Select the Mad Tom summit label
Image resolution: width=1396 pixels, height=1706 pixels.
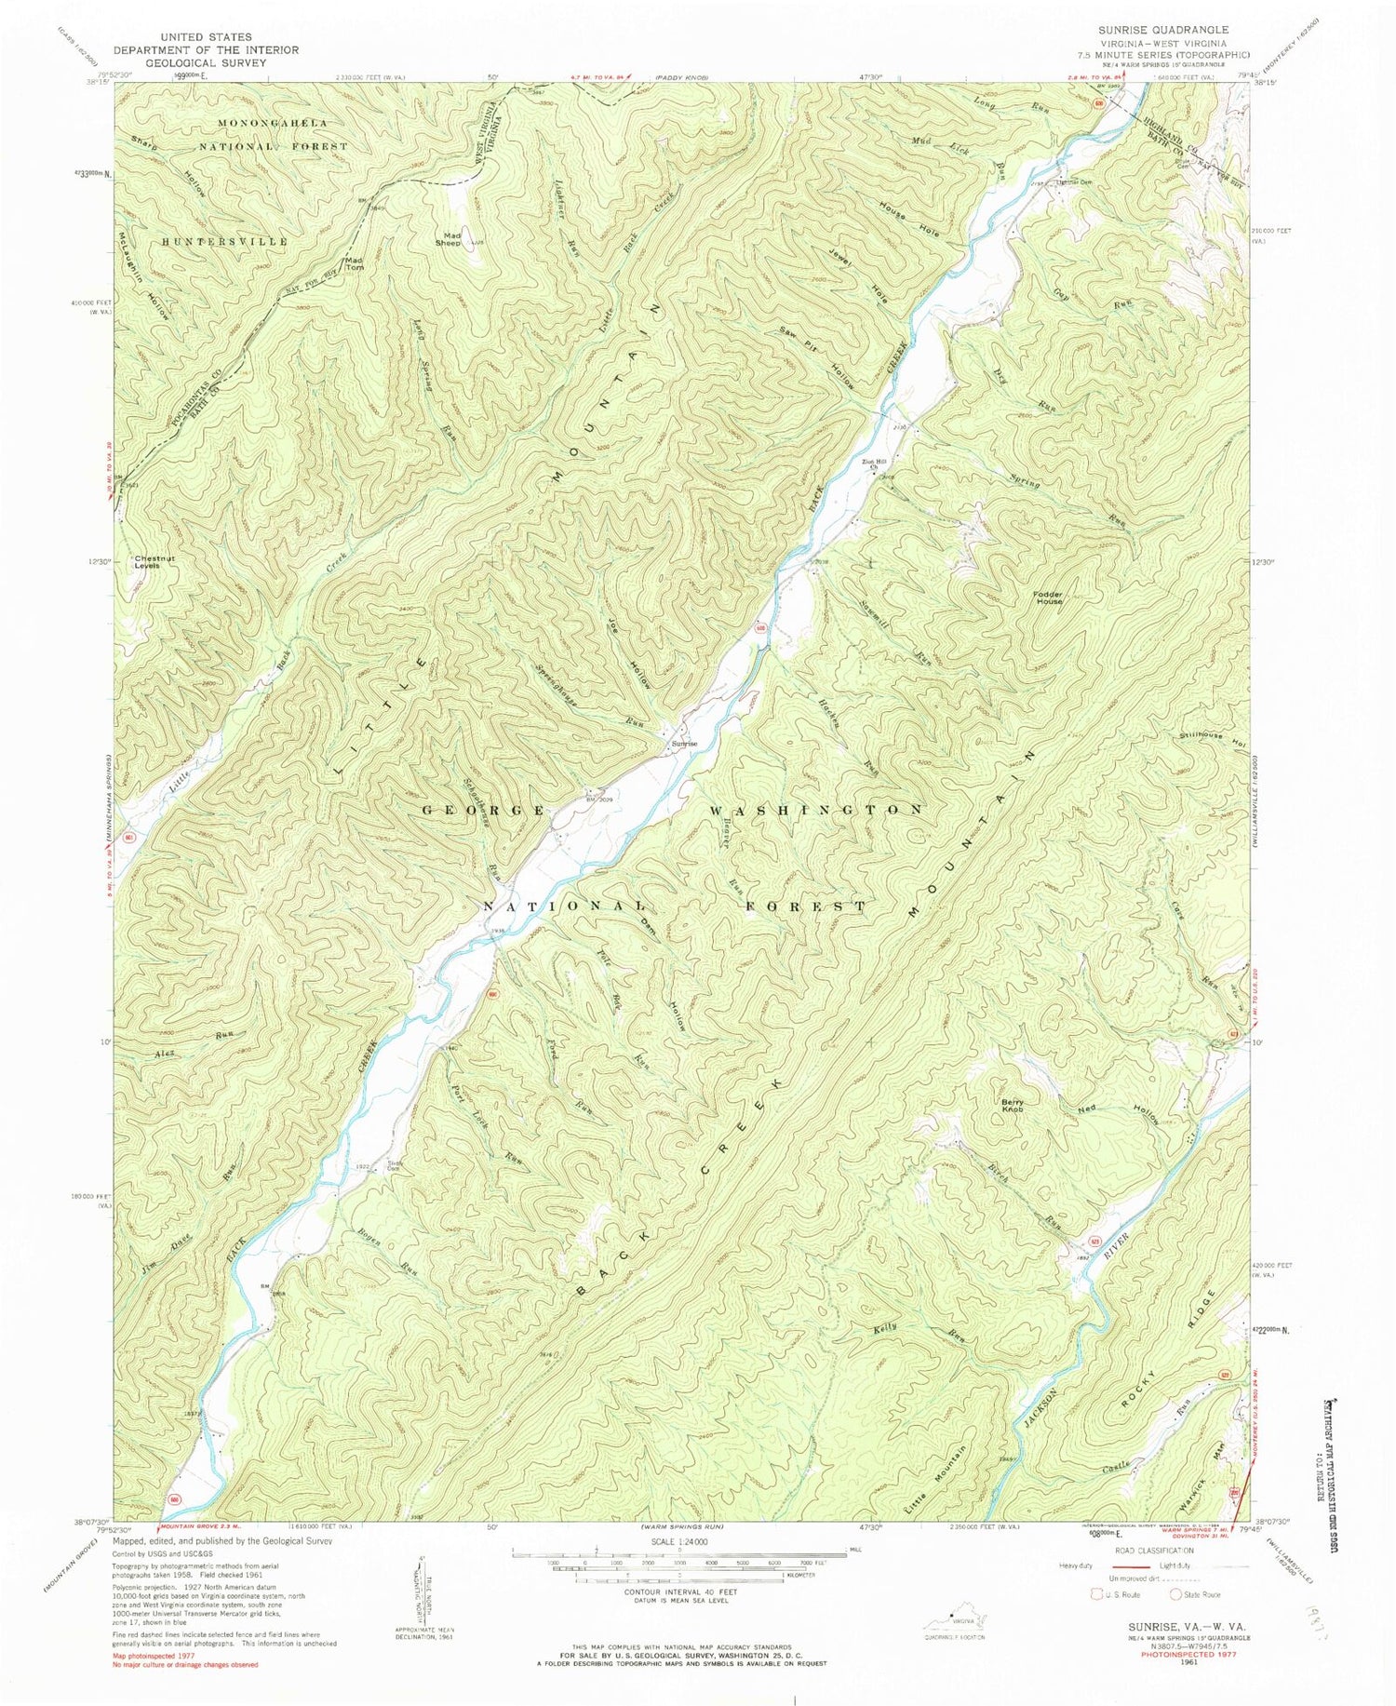tap(354, 263)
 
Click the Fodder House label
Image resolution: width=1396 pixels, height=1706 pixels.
tap(1046, 598)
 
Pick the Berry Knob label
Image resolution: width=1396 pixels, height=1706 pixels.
tap(1013, 1105)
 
